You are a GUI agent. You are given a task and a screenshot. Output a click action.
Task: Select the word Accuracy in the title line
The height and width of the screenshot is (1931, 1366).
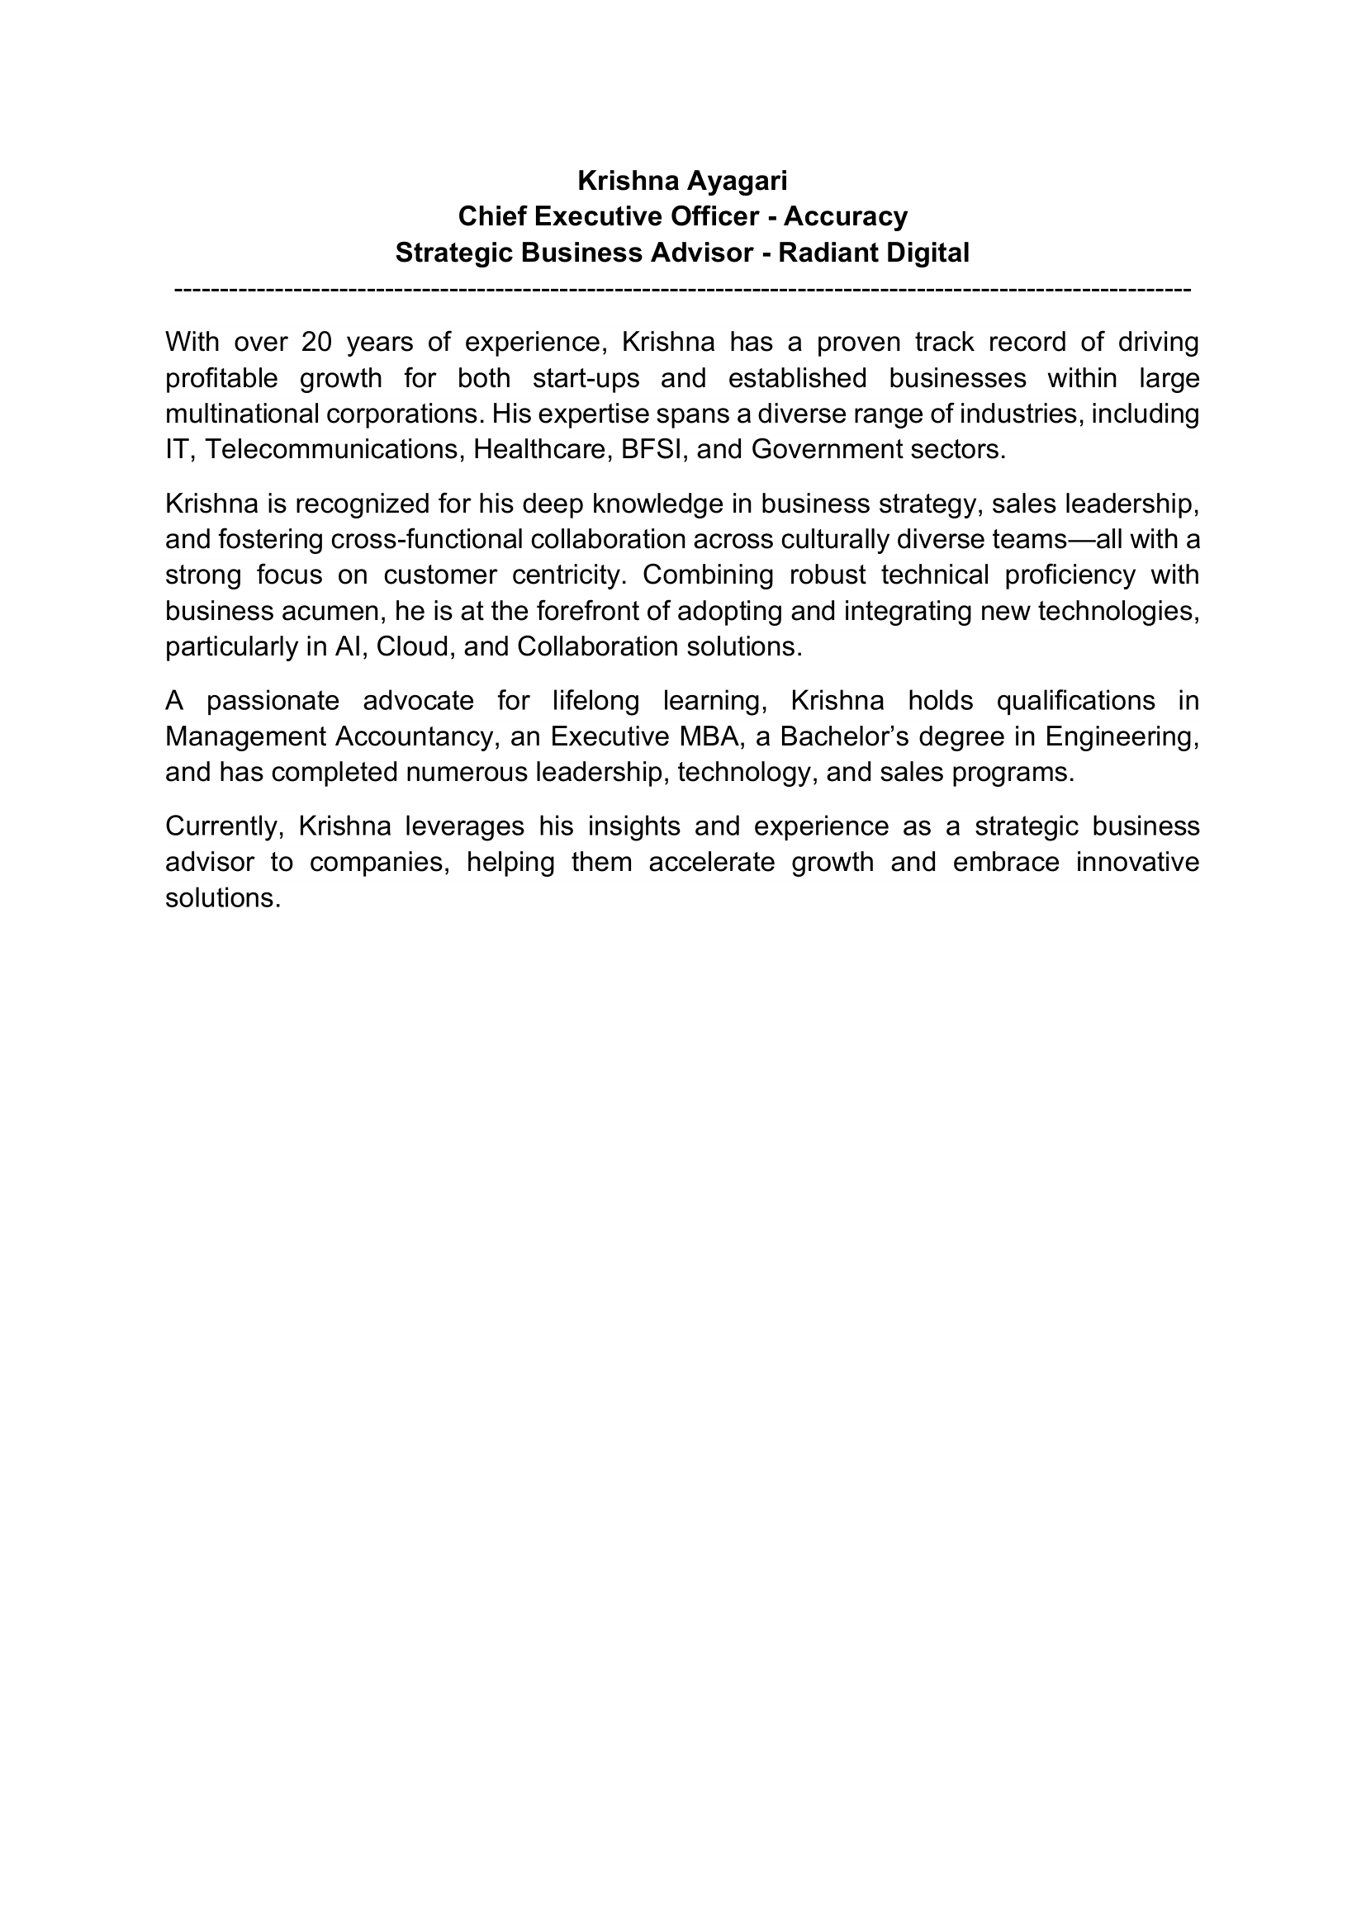tap(846, 217)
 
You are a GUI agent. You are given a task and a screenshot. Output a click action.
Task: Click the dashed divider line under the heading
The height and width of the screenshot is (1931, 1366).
tap(682, 290)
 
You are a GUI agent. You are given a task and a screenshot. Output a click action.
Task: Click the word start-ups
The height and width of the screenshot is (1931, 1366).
tap(586, 378)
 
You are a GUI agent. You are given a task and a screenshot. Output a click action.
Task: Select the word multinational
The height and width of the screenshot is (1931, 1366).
tap(242, 414)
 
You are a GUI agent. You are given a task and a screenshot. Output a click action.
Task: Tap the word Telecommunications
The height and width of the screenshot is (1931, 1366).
tap(334, 450)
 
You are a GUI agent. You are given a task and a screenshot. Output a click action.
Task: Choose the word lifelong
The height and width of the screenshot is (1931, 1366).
tap(596, 701)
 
